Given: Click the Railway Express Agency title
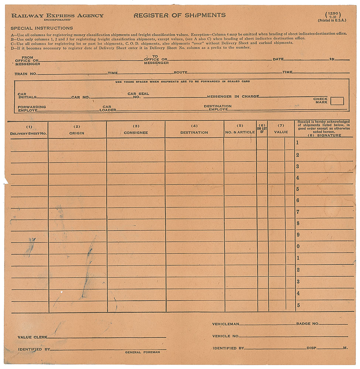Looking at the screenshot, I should [x=57, y=15].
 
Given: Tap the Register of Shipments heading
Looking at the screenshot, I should [x=179, y=15].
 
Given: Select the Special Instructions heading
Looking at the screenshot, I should [x=42, y=28].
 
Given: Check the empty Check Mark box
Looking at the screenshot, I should [x=337, y=101].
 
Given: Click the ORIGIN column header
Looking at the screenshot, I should [x=77, y=133].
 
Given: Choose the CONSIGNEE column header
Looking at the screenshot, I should [x=136, y=132].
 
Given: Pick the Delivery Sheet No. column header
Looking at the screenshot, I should [x=28, y=133].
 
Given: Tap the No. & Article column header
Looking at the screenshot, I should [x=240, y=132].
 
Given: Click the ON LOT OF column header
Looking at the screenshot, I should [x=262, y=130].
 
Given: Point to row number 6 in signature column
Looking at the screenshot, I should [x=298, y=200].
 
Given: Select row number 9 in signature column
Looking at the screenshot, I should [x=298, y=235].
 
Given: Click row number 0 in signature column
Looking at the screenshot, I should [x=298, y=246].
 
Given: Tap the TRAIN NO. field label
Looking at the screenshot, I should [x=26, y=74].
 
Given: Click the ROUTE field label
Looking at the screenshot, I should [x=181, y=73].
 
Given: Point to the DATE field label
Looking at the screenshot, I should [x=278, y=59].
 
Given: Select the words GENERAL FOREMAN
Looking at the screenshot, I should [x=142, y=352].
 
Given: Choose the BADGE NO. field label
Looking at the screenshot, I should [x=307, y=324].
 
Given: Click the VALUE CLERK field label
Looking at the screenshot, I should [x=32, y=337].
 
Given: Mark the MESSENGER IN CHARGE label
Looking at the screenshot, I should [x=233, y=97].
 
